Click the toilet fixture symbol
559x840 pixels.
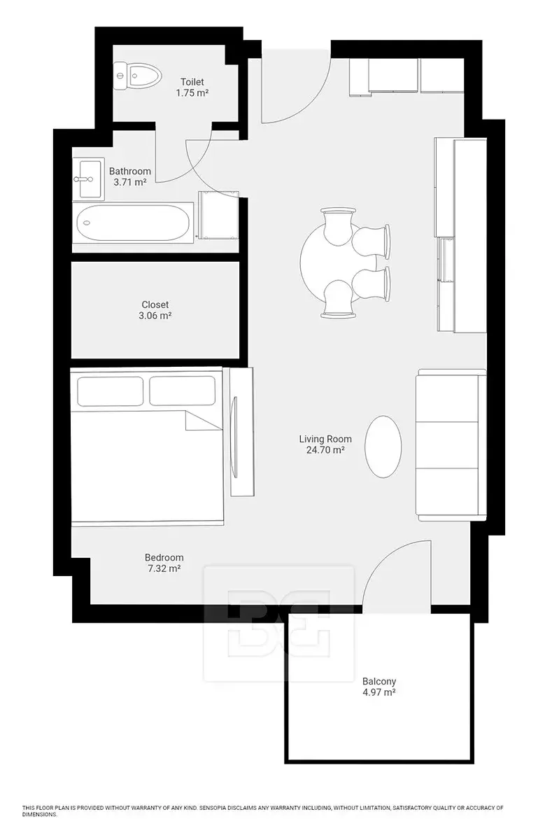138,76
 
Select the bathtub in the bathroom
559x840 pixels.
133,223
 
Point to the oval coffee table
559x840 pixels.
383,447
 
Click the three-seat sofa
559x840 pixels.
451,445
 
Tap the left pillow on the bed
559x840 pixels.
111,391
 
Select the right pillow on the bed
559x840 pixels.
183,391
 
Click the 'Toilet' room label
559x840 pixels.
192,82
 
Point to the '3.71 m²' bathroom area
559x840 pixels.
129,183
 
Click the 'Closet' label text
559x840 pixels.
155,304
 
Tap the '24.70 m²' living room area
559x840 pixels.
325,450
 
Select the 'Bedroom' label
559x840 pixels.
164,558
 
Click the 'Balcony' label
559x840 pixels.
379,681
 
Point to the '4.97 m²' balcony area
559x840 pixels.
379,692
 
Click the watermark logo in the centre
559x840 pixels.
278,624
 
